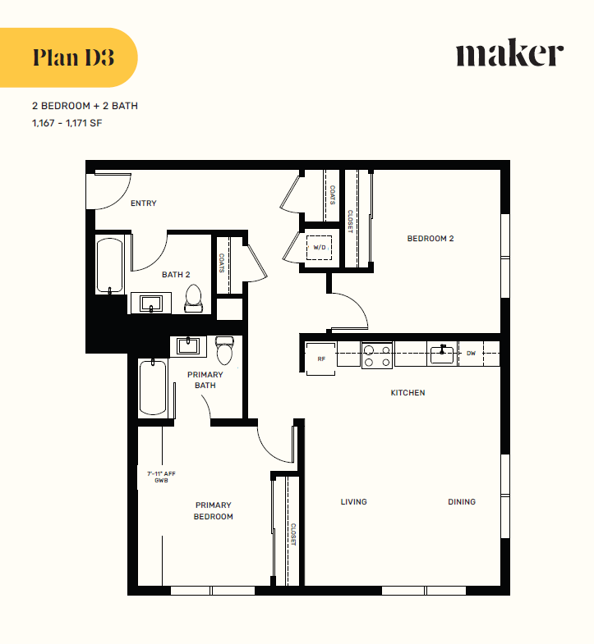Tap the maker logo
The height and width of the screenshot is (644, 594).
[509, 54]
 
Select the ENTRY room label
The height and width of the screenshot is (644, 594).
[143, 203]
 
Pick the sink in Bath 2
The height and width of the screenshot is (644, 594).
[150, 304]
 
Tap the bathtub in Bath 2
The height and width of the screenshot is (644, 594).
[110, 265]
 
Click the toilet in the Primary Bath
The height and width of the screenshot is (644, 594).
[224, 350]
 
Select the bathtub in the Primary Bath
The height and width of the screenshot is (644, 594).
[154, 387]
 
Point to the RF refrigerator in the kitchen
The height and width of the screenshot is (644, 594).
[321, 359]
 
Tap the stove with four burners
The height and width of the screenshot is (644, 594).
[377, 354]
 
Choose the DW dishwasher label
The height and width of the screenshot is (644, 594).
[471, 354]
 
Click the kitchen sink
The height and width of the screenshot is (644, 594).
[441, 354]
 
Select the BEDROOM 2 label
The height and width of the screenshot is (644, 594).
[431, 239]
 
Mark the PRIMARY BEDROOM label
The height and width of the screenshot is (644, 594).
[213, 511]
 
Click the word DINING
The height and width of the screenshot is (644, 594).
[461, 502]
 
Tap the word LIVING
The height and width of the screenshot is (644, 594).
[353, 502]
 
